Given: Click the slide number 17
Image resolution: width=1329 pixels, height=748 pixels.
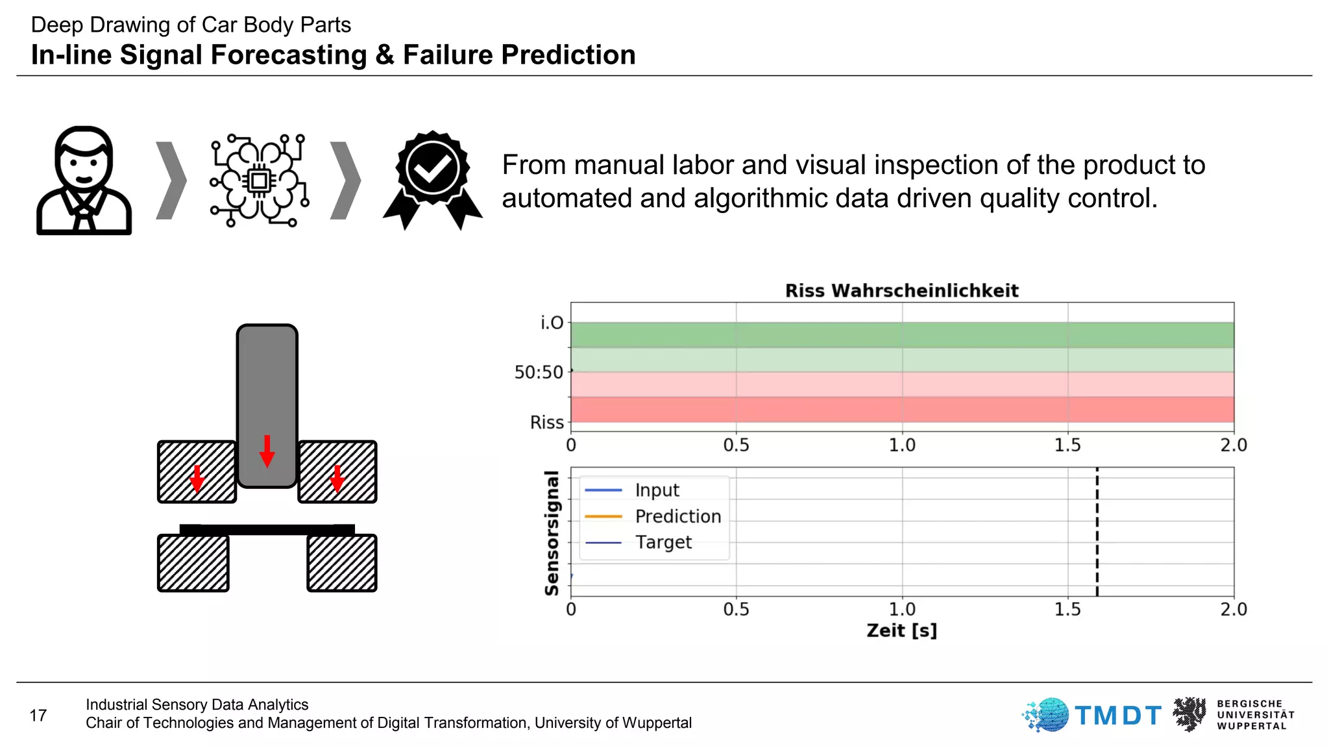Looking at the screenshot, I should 38,716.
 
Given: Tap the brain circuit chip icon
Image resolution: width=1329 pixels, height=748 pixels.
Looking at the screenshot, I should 259,181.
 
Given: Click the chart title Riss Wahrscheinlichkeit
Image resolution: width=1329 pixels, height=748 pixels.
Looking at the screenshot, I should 901,290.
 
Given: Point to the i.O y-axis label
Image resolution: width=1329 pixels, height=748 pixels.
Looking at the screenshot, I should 552,323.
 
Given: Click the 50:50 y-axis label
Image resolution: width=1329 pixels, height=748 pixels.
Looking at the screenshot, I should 539,372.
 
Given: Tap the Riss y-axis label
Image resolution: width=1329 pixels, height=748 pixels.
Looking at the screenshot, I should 546,423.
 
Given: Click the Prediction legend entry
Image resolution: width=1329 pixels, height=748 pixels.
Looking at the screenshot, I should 677,516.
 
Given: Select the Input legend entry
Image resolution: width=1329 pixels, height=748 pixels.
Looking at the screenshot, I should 657,490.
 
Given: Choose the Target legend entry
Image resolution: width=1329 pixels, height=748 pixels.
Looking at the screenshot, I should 663,542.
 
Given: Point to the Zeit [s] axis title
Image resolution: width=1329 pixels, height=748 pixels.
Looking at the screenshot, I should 901,630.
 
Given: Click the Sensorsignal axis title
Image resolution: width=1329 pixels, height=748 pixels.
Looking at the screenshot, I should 552,533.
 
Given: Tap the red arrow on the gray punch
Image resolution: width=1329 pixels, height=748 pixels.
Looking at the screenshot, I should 267,451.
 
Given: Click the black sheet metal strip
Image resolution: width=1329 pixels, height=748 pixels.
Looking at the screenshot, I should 267,529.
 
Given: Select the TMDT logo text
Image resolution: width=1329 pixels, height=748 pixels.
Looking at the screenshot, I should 1117,716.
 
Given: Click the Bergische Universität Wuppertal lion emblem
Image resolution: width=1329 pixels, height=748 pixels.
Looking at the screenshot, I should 1189,714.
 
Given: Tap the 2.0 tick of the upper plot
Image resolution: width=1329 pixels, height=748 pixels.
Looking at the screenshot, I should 1233,445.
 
